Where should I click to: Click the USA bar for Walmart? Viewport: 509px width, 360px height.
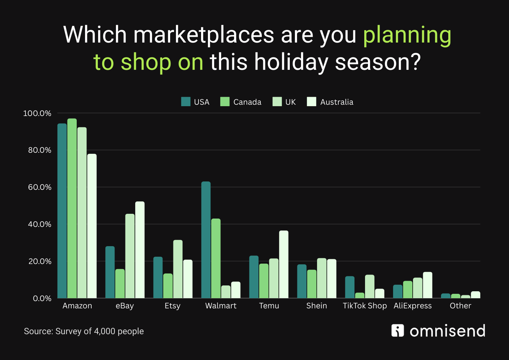click(206, 240)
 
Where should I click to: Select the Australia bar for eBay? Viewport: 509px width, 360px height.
click(140, 250)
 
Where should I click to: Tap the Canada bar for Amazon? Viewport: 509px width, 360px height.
click(72, 208)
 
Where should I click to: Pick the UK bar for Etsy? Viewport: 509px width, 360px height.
click(178, 269)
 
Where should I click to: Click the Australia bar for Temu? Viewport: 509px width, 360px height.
click(284, 264)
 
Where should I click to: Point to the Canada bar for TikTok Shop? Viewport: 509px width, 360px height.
click(360, 295)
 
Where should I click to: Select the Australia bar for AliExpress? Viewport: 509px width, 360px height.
click(428, 285)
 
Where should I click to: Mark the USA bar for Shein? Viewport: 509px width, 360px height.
click(302, 281)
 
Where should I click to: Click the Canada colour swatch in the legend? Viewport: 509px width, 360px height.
click(225, 101)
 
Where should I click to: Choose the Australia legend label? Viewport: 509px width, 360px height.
click(337, 102)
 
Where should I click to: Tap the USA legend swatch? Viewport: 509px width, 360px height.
click(186, 101)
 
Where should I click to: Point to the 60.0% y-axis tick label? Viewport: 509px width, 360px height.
click(40, 187)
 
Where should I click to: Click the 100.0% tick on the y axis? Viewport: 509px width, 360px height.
click(37, 113)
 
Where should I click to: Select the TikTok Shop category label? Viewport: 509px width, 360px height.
click(365, 306)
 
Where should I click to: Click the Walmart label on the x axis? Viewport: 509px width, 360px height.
click(221, 306)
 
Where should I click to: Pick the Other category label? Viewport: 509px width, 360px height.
click(460, 306)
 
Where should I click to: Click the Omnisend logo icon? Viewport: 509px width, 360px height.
click(398, 331)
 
